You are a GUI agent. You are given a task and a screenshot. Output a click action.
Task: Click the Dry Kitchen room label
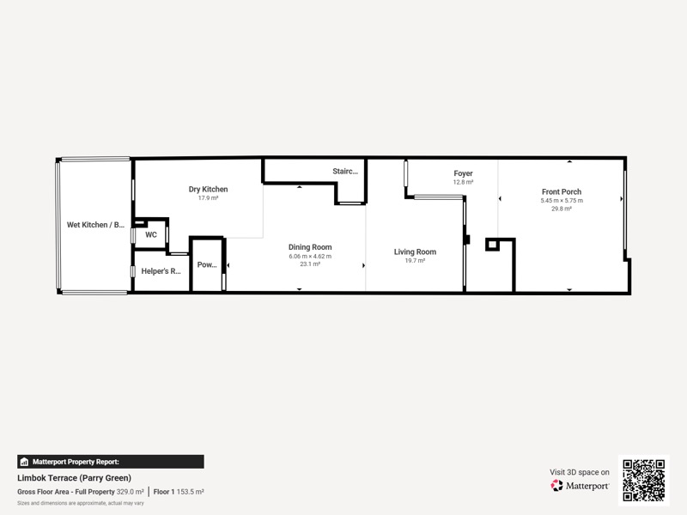[x=208, y=189]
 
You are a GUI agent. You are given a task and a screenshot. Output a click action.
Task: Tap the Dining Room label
[x=310, y=247]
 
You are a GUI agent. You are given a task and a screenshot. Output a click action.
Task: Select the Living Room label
[x=415, y=251]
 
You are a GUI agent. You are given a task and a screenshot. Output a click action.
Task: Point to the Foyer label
[x=463, y=173]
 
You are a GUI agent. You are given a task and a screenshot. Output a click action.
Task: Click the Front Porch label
[x=562, y=191]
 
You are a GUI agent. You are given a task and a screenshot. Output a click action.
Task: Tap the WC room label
[x=151, y=234]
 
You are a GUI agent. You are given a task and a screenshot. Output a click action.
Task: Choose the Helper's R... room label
[x=161, y=271]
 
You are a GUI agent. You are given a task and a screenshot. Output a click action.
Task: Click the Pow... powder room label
[x=207, y=264]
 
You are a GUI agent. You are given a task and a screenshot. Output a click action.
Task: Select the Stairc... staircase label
[x=345, y=171]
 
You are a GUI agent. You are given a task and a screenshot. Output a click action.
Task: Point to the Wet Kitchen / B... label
[x=95, y=225]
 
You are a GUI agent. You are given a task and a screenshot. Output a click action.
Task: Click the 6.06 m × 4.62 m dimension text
[x=310, y=256]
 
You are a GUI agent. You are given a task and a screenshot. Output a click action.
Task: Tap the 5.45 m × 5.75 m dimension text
[x=562, y=201]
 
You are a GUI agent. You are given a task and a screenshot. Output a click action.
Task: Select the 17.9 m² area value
[x=208, y=198]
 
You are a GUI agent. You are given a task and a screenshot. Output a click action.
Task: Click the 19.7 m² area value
[x=415, y=261]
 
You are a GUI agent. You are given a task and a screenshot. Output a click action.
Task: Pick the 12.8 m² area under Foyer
[x=463, y=182]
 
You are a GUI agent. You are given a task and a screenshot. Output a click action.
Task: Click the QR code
[x=644, y=480]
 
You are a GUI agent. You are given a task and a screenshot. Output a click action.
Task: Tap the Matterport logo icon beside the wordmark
[x=556, y=486]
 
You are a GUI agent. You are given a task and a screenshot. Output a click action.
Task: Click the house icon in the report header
[x=24, y=462]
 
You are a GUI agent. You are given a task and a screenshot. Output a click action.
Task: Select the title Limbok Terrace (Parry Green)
[x=75, y=478]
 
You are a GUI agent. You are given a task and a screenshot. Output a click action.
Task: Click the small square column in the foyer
[x=492, y=245]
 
